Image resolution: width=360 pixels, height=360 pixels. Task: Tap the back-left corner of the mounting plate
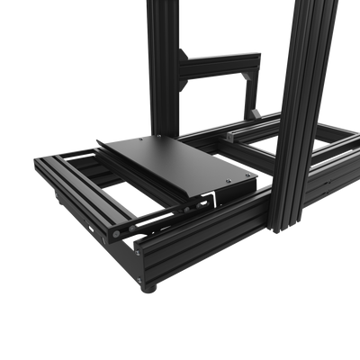pyautogui.click(x=99, y=142)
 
